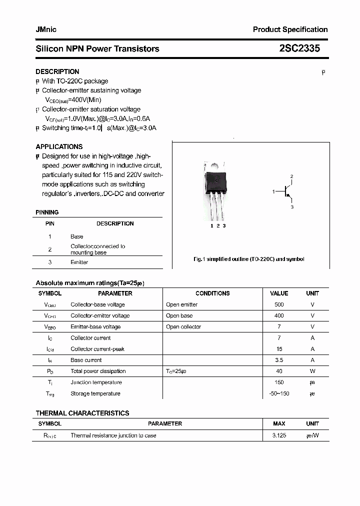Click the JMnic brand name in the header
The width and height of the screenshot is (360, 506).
pyautogui.click(x=46, y=29)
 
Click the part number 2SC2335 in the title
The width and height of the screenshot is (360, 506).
pyautogui.click(x=299, y=48)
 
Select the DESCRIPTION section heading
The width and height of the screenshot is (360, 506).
pyautogui.click(x=57, y=71)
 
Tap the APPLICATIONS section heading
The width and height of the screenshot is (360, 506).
pyautogui.click(x=59, y=146)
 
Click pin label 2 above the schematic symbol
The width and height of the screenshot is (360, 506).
pyautogui.click(x=291, y=176)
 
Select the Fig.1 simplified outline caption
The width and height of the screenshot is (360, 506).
pyautogui.click(x=248, y=259)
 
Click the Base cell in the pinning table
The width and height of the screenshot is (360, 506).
pyautogui.click(x=77, y=236)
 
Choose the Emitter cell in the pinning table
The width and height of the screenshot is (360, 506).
pyautogui.click(x=79, y=262)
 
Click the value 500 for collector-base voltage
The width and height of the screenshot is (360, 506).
pyautogui.click(x=279, y=304)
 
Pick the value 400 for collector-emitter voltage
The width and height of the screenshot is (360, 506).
pyautogui.click(x=279, y=315)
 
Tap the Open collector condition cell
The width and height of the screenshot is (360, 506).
pyautogui.click(x=183, y=327)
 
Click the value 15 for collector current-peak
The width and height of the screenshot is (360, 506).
pyautogui.click(x=279, y=349)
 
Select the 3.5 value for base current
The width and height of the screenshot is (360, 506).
pyautogui.click(x=279, y=360)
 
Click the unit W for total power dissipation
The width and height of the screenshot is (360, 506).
pyautogui.click(x=312, y=371)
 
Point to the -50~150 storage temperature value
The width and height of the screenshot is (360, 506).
pyautogui.click(x=279, y=393)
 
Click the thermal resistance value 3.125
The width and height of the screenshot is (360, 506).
pyautogui.click(x=279, y=435)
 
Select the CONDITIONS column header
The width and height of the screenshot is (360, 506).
pyautogui.click(x=212, y=293)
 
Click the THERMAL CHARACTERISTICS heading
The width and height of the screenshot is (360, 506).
pyautogui.click(x=82, y=413)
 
